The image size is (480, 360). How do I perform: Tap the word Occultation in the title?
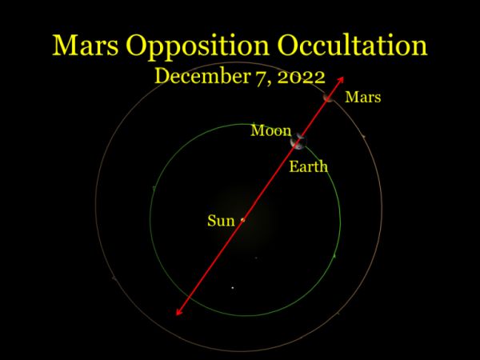(352, 46)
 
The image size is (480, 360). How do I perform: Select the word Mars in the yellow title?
(86, 46)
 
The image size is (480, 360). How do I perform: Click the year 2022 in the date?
(301, 77)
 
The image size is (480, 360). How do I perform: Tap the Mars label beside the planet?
(363, 97)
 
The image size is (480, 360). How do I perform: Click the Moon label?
(271, 130)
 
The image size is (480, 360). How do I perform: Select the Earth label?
(308, 167)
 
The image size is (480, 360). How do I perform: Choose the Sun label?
(221, 221)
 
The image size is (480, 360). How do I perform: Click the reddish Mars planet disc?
(328, 98)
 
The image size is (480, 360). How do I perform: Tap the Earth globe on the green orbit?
(298, 142)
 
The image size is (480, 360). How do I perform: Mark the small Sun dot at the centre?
(243, 219)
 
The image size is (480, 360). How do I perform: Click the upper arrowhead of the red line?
(341, 80)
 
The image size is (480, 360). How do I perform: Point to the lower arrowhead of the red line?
(178, 311)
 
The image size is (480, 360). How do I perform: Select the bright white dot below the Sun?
(233, 288)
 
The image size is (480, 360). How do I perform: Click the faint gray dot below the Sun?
(256, 258)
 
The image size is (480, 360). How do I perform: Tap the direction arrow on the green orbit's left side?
(154, 189)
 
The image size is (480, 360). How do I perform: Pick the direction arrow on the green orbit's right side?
(334, 255)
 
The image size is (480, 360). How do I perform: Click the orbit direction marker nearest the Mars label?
(364, 136)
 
